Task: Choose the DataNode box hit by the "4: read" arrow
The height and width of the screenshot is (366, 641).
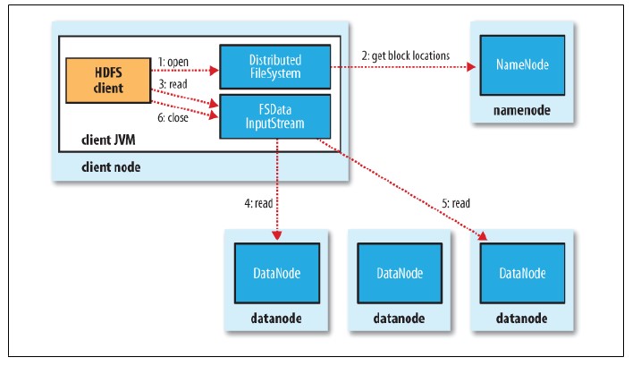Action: [275, 273]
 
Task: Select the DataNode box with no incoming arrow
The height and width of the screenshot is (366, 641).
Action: [398, 273]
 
